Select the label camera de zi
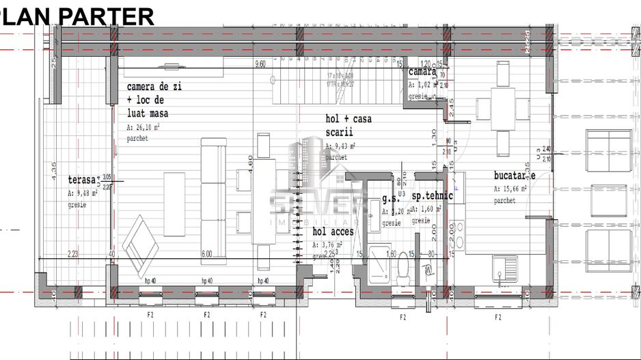click(154, 87)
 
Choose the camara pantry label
click(422, 72)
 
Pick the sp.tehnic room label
click(432, 197)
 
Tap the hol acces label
click(333, 232)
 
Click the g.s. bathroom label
click(390, 199)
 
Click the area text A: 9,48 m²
click(83, 193)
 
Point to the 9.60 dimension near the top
click(260, 65)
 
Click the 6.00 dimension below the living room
click(206, 254)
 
